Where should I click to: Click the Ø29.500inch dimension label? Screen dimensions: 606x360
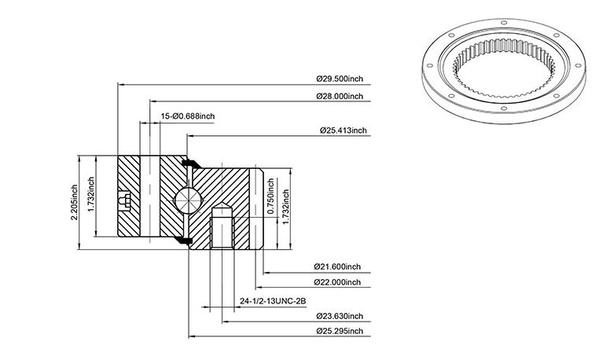point(340,79)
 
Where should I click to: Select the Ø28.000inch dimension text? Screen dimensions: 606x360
point(340,96)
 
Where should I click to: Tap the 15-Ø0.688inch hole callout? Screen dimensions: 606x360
point(188,116)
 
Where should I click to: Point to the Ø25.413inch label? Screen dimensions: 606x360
point(343,130)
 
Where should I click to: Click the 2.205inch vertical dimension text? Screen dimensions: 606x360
point(74,203)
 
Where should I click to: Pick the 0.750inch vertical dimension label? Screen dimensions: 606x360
point(270,196)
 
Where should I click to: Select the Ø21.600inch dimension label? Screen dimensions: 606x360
point(337,266)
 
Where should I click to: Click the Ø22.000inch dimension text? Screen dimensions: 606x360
point(337,282)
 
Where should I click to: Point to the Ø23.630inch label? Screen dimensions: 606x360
point(340,316)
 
